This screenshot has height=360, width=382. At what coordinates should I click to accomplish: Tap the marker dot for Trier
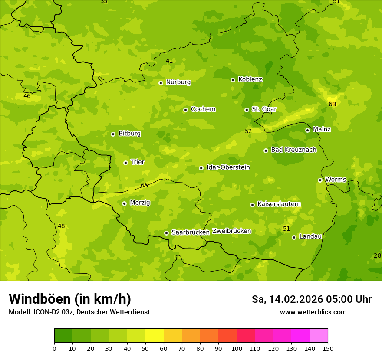click(x=125, y=163)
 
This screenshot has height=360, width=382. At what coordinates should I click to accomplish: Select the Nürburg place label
click(x=178, y=82)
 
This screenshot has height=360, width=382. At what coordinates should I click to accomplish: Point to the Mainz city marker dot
click(x=307, y=130)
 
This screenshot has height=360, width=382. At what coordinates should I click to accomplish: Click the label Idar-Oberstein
click(x=228, y=167)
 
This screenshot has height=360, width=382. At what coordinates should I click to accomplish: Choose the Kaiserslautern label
click(x=279, y=204)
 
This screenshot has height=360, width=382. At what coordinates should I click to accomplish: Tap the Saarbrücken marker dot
click(x=166, y=233)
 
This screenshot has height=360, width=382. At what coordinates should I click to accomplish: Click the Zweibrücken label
click(x=231, y=231)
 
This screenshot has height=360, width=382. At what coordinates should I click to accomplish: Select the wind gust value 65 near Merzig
click(x=145, y=186)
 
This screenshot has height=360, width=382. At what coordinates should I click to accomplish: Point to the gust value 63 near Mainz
click(x=333, y=105)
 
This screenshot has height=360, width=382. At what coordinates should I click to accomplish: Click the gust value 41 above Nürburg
click(x=169, y=61)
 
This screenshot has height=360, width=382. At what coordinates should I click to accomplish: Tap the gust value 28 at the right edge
click(x=377, y=255)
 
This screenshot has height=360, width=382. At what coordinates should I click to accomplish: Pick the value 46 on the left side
click(x=27, y=96)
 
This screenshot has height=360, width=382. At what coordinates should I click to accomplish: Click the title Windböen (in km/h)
click(x=70, y=299)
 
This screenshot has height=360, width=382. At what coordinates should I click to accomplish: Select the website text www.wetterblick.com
click(x=313, y=312)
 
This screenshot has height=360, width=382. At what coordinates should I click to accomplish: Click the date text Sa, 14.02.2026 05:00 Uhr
click(x=311, y=299)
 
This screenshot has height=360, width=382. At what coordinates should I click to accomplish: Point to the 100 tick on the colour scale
click(x=237, y=348)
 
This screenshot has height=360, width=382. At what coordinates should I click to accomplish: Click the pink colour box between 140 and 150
click(x=319, y=336)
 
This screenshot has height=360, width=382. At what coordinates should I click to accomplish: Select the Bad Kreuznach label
click(x=293, y=150)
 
